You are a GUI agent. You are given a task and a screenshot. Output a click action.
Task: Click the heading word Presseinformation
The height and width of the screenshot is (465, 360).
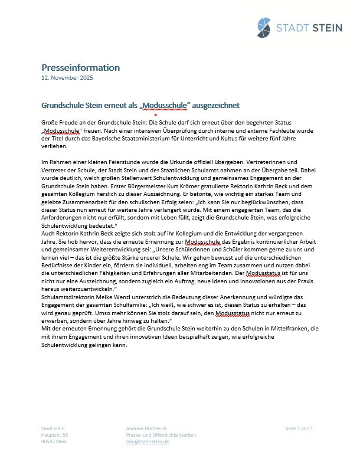80,67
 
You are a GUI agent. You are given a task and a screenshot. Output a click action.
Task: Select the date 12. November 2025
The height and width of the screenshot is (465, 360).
67,78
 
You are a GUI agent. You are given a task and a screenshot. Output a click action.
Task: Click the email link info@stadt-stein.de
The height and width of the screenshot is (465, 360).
148,441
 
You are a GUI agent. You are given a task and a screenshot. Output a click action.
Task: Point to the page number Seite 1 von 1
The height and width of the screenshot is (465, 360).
299,428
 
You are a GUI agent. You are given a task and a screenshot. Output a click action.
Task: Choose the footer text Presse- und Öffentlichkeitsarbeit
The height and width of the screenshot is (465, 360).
161,434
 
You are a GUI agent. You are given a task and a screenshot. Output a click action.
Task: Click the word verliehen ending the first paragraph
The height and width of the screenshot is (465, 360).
54,146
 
